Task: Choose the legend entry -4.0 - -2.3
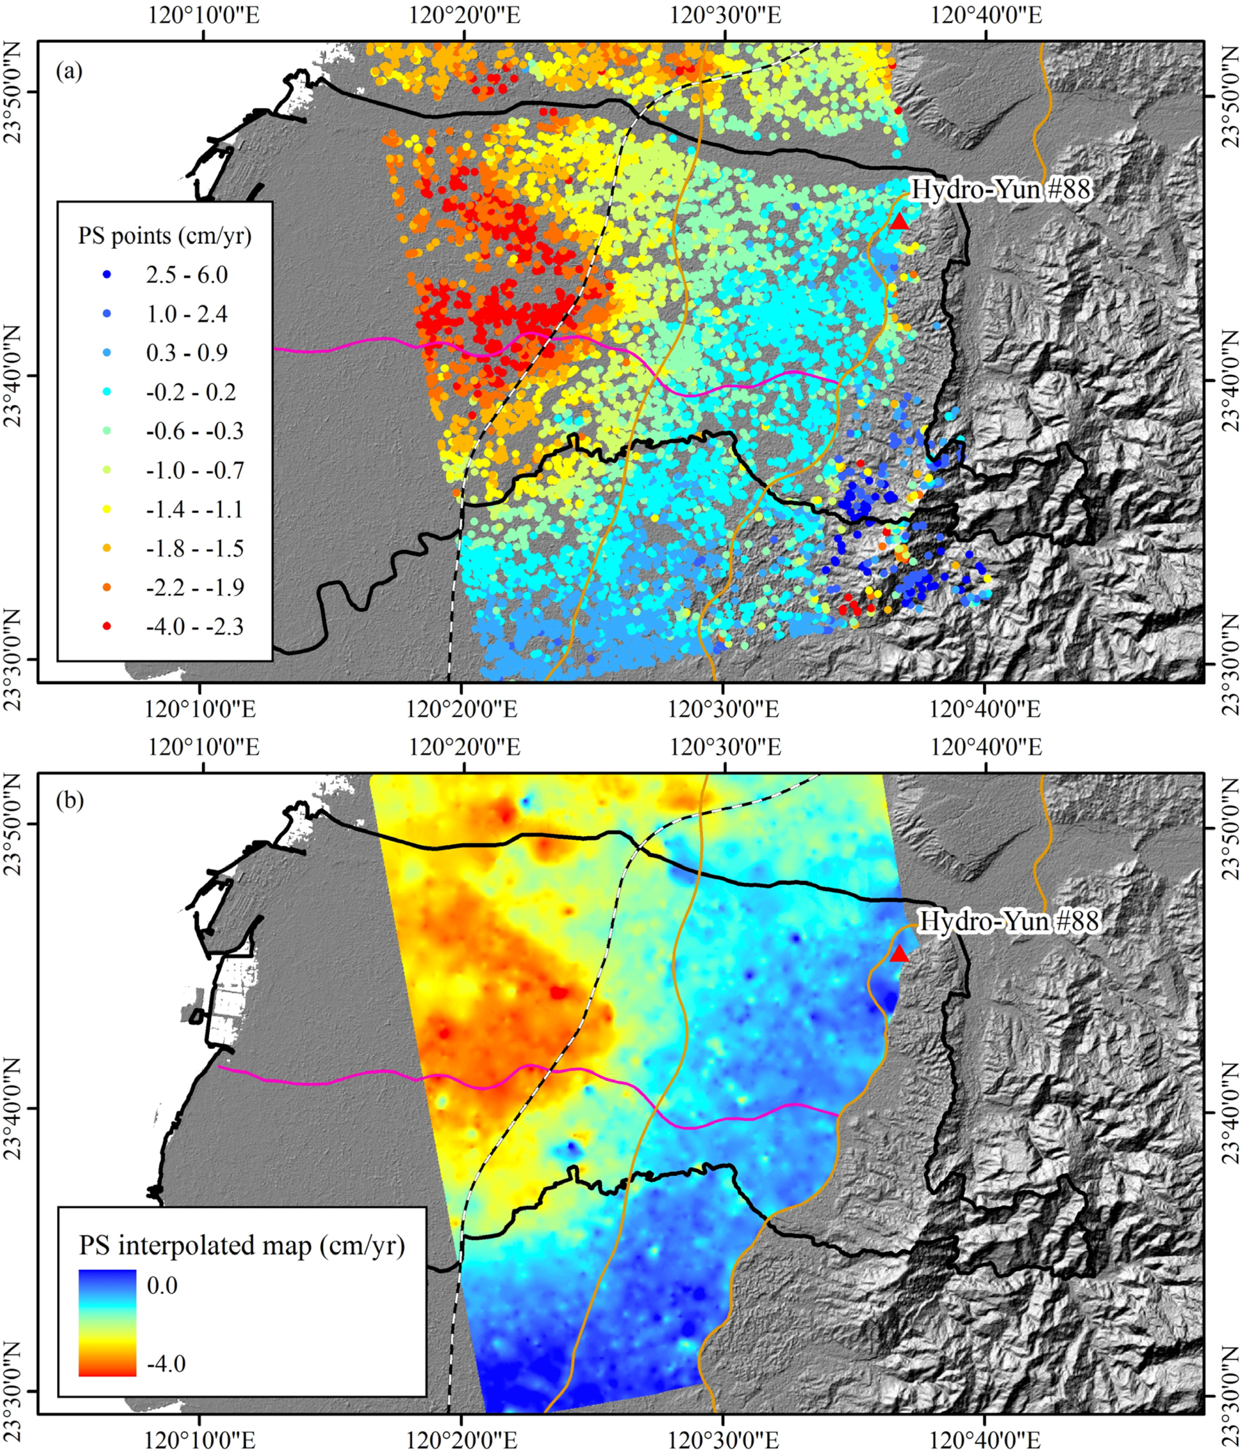194,626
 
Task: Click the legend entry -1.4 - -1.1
194,509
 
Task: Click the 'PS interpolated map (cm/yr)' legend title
241,1245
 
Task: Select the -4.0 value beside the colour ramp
165,1363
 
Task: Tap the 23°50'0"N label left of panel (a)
15,93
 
